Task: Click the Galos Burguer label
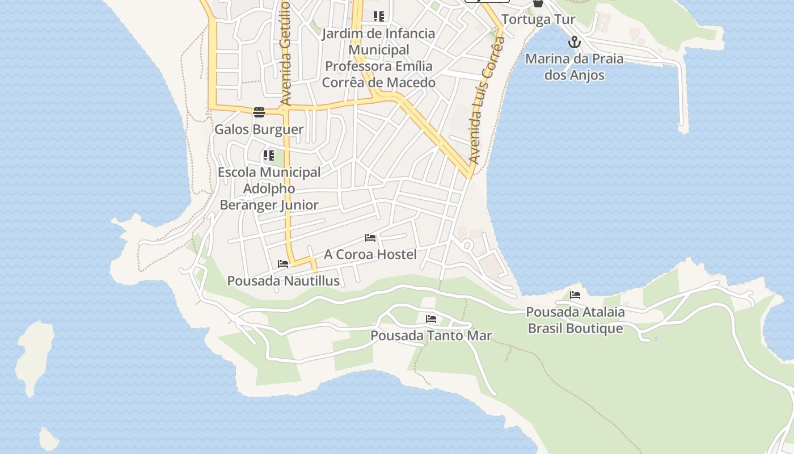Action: click(x=259, y=129)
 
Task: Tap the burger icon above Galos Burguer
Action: click(x=259, y=112)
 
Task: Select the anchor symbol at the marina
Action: click(x=575, y=42)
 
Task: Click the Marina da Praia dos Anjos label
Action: click(x=574, y=67)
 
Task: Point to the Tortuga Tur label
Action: click(x=538, y=19)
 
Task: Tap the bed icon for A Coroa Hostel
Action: click(x=370, y=238)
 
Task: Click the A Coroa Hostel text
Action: click(x=370, y=254)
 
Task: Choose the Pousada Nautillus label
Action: click(x=283, y=281)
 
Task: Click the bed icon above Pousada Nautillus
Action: click(x=283, y=264)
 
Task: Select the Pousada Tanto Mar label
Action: click(x=431, y=335)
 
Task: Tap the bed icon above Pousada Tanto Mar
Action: click(x=431, y=319)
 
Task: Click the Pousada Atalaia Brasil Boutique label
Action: click(x=575, y=320)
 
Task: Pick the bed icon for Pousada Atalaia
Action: click(x=575, y=295)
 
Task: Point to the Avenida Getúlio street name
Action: click(x=285, y=54)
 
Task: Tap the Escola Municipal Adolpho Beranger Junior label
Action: click(x=269, y=188)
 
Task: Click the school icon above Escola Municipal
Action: click(x=269, y=155)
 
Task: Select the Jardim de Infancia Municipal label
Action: click(x=378, y=58)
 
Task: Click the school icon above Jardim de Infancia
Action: click(x=378, y=16)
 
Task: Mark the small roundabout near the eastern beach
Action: click(x=467, y=246)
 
